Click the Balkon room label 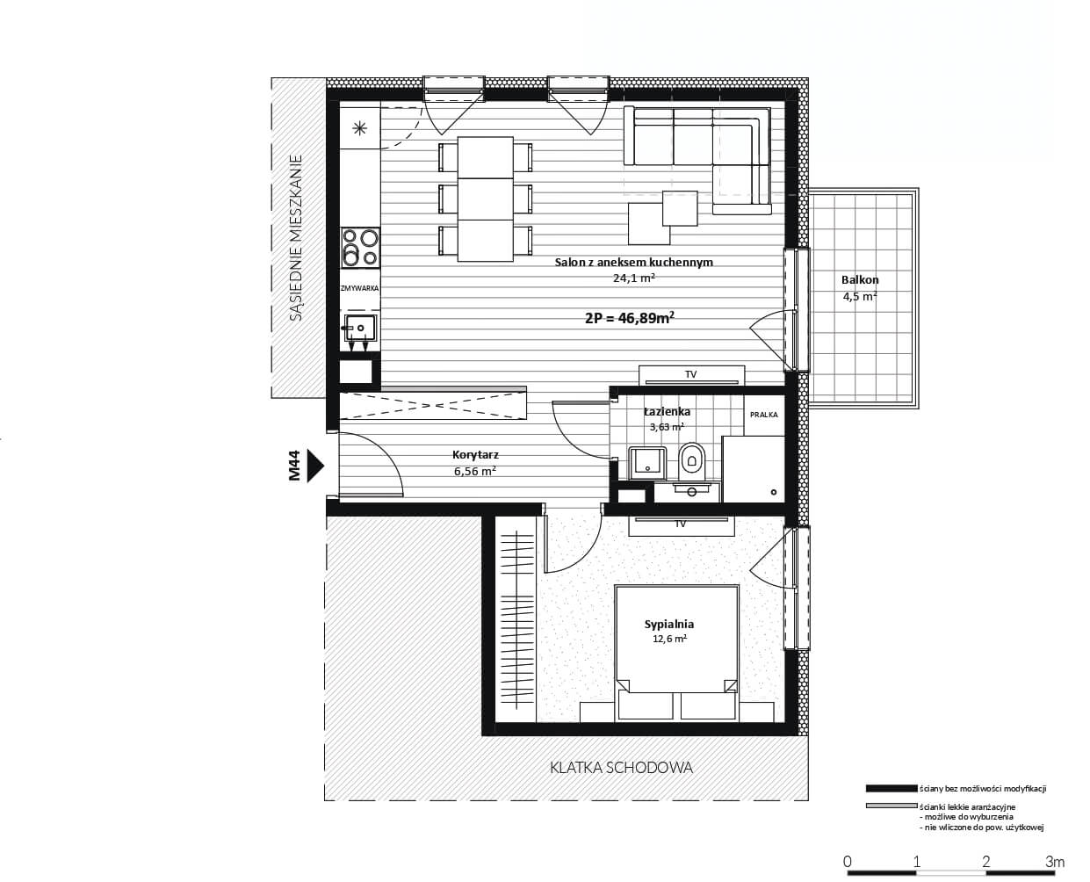pyautogui.click(x=860, y=280)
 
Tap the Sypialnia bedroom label pyautogui.click(x=668, y=624)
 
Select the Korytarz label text pyautogui.click(x=475, y=454)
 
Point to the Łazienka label pyautogui.click(x=667, y=411)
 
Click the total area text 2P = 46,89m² pyautogui.click(x=630, y=318)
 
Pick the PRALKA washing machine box pyautogui.click(x=764, y=416)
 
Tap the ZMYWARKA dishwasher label pyautogui.click(x=360, y=288)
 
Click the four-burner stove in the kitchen pyautogui.click(x=361, y=247)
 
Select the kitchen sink pyautogui.click(x=360, y=328)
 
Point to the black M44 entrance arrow pyautogui.click(x=315, y=466)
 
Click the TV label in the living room pyautogui.click(x=691, y=375)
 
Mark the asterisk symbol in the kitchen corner pyautogui.click(x=360, y=128)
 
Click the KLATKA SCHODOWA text pyautogui.click(x=621, y=767)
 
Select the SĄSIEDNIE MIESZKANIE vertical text pyautogui.click(x=296, y=238)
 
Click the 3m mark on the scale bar pyautogui.click(x=1054, y=862)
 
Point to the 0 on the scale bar pyautogui.click(x=848, y=862)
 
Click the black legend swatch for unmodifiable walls pyautogui.click(x=891, y=789)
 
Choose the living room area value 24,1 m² pyautogui.click(x=634, y=278)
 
